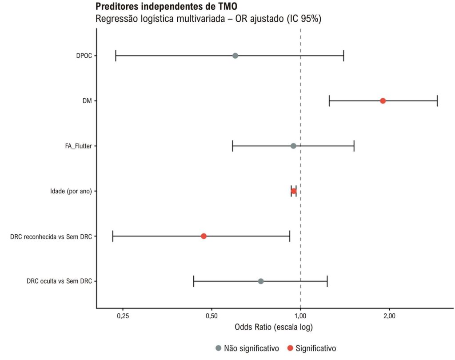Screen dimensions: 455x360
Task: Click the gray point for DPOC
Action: pos(235,56)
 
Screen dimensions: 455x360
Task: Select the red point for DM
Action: pos(383,101)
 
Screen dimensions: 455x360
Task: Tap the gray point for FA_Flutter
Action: pos(293,146)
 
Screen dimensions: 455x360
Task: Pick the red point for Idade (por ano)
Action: pos(294,191)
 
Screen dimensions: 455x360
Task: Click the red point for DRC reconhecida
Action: pos(204,236)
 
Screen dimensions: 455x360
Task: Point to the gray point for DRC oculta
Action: pos(261,281)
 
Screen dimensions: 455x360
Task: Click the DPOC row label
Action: pos(84,56)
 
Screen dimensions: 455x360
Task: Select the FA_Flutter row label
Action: pos(78,146)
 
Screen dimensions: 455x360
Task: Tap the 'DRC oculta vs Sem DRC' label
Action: pos(59,281)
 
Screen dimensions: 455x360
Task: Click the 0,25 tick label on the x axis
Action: pos(123,316)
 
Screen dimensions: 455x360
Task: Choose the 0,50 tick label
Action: pos(212,316)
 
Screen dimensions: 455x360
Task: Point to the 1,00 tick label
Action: pos(301,316)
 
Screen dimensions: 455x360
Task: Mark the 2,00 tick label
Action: pos(389,316)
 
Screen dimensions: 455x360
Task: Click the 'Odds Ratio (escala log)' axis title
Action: pos(274,327)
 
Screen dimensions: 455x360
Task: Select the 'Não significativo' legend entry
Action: pos(247,348)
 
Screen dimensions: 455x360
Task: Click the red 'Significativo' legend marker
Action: pos(290,348)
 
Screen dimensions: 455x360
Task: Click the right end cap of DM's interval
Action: pos(437,101)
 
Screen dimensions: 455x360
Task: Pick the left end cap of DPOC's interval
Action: pos(116,56)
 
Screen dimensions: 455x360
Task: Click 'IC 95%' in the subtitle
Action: pos(304,19)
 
